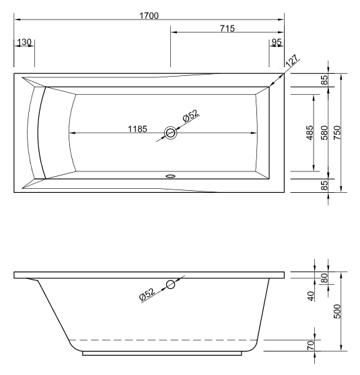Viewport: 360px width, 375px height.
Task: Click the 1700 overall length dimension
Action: coord(149,15)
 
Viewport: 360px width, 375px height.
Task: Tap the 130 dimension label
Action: coord(24,42)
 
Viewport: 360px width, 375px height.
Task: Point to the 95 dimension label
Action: coord(277,42)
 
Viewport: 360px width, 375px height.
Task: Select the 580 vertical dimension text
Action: coord(324,133)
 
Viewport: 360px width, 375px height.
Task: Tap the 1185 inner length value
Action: coord(138,130)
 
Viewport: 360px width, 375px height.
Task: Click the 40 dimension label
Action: coord(310,296)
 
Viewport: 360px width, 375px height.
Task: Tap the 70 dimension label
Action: coord(310,346)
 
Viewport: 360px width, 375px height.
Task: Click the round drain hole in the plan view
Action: coord(172,133)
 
